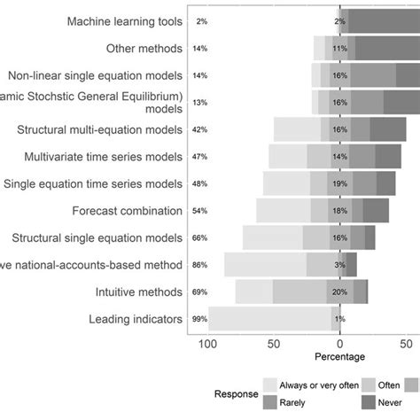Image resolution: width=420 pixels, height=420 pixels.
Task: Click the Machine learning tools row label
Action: coord(125,20)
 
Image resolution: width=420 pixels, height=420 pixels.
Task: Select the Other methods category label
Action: coord(144,48)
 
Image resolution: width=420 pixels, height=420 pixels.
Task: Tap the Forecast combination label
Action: coord(128,211)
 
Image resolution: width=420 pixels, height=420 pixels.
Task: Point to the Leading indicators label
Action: coord(136,319)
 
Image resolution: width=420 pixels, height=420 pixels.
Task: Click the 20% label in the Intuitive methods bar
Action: coord(339,292)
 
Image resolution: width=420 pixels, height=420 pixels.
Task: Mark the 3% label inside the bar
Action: coord(340,265)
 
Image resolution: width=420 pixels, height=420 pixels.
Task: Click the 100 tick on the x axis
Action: coord(209,344)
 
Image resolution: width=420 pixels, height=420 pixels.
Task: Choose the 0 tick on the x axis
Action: coord(340,344)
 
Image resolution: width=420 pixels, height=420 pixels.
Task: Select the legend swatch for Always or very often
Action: coord(271,385)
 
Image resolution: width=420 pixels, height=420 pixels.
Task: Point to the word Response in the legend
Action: coord(235,393)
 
